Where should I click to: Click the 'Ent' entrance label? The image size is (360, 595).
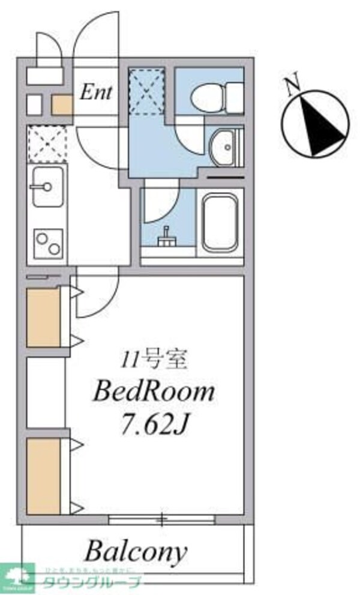(x=96, y=93)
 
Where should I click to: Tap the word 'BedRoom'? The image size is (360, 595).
(x=153, y=392)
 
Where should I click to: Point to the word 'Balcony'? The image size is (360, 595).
(x=135, y=551)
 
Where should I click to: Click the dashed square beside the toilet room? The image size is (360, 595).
(x=147, y=91)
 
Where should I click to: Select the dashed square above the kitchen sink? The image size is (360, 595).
(x=47, y=143)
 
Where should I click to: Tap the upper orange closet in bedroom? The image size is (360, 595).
(x=43, y=318)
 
